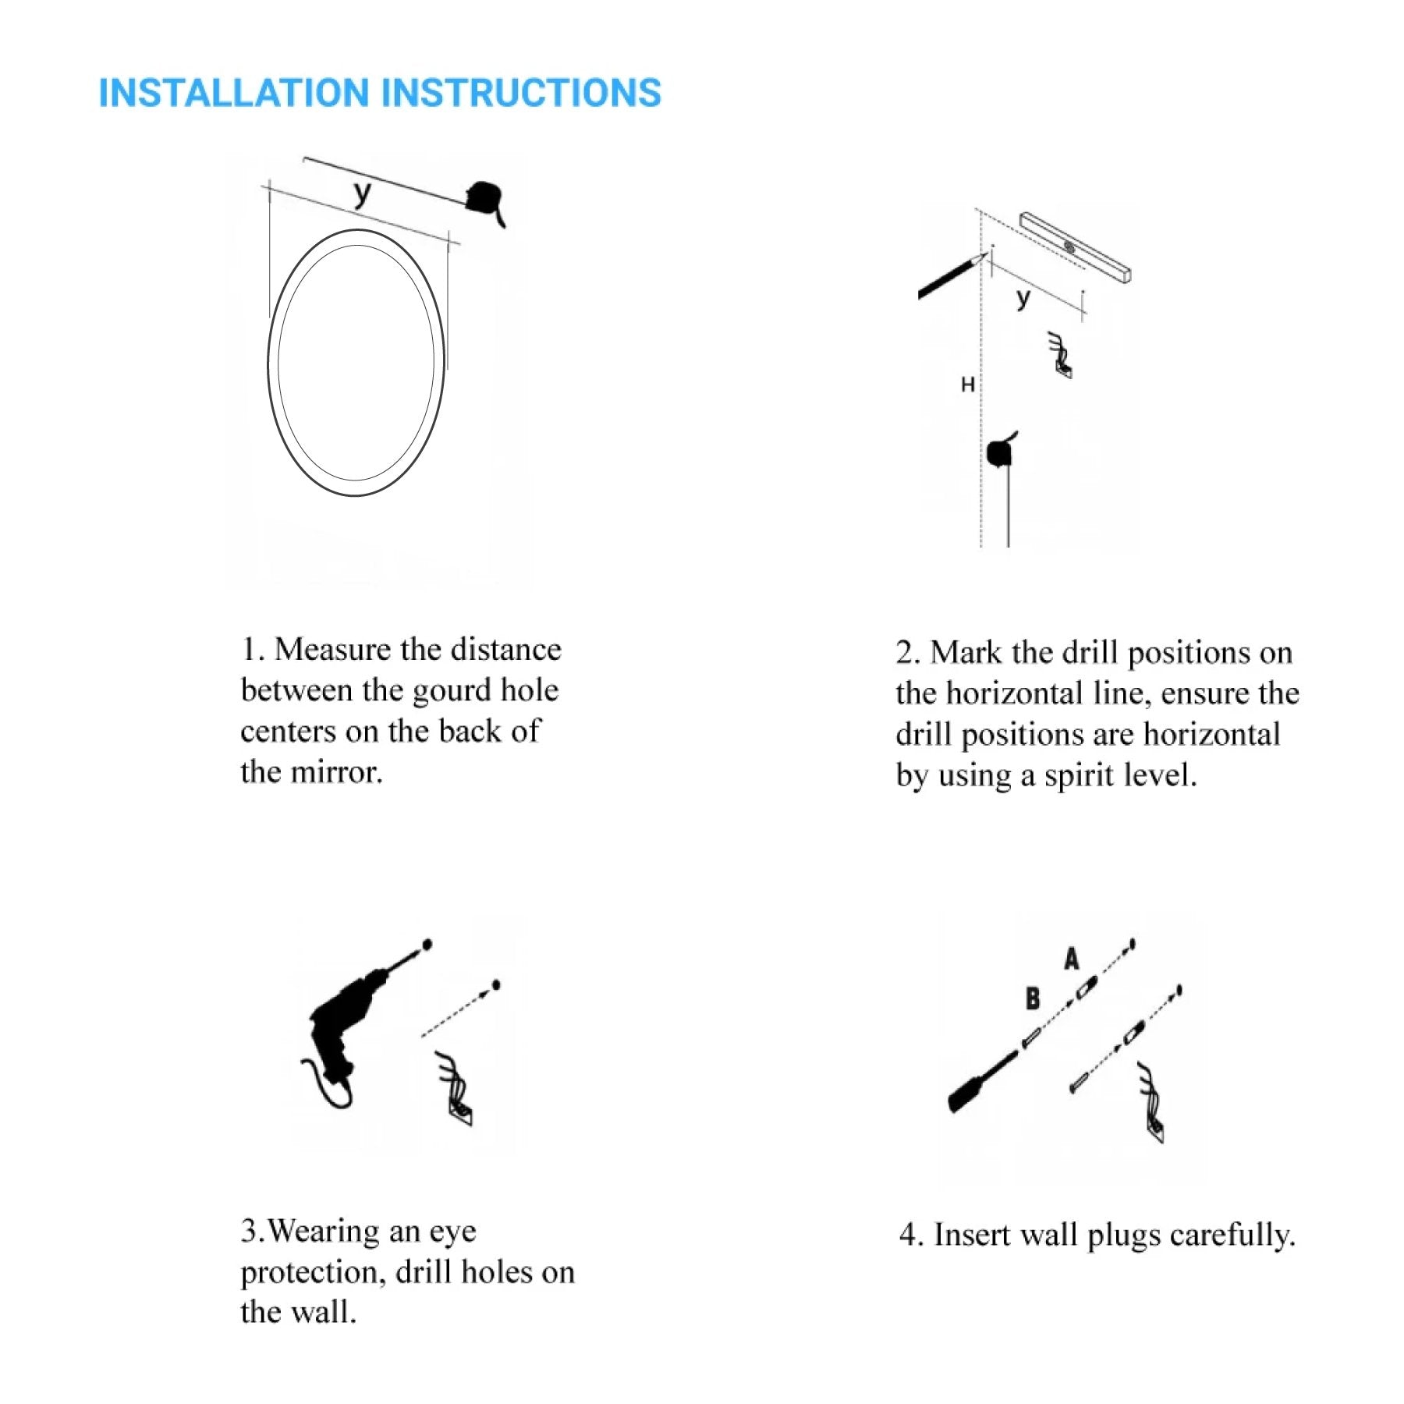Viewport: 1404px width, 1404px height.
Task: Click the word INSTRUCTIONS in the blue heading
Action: [x=522, y=93]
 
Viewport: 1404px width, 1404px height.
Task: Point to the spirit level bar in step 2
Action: [x=1076, y=246]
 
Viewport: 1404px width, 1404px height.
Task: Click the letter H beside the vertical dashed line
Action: [x=967, y=385]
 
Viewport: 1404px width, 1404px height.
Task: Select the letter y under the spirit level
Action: [x=1023, y=298]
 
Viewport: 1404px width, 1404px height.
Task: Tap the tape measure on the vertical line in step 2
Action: [x=1001, y=451]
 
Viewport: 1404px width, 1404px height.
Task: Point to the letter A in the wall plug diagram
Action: [x=1072, y=959]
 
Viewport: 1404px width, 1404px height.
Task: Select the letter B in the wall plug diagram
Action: [x=1033, y=998]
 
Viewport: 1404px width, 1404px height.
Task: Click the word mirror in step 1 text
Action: [x=337, y=773]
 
